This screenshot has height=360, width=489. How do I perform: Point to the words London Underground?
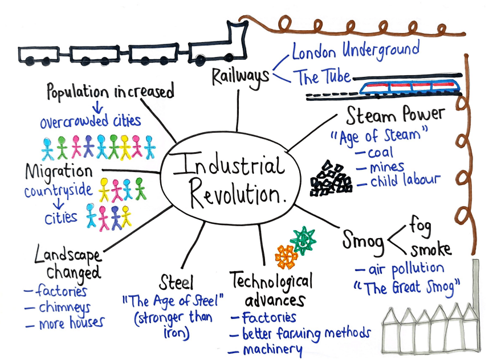pyautogui.click(x=356, y=50)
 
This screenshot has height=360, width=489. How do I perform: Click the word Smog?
pyautogui.click(x=363, y=240)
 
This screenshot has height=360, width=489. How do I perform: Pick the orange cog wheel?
pyautogui.click(x=286, y=257)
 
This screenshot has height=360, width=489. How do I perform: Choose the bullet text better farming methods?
pyautogui.click(x=307, y=333)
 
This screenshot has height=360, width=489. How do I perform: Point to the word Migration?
pyautogui.click(x=59, y=171)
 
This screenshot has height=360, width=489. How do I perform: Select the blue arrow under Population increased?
pyautogui.click(x=97, y=107)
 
